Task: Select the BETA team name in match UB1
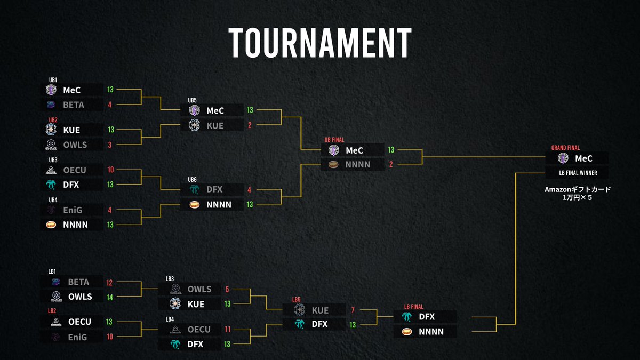[74, 105]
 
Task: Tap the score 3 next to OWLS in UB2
[110, 145]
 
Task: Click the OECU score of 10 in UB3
[110, 170]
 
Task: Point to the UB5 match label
[193, 100]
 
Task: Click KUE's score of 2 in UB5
[250, 125]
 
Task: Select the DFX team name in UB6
[214, 189]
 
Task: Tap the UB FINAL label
[335, 140]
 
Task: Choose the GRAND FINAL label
[565, 148]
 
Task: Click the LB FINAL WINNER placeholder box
[577, 172]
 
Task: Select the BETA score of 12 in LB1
[110, 282]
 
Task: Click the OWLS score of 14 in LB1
[110, 297]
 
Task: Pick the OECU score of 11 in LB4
[227, 330]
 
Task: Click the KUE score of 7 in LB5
[353, 310]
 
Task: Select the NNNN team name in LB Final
[431, 332]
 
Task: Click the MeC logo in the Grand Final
[562, 158]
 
